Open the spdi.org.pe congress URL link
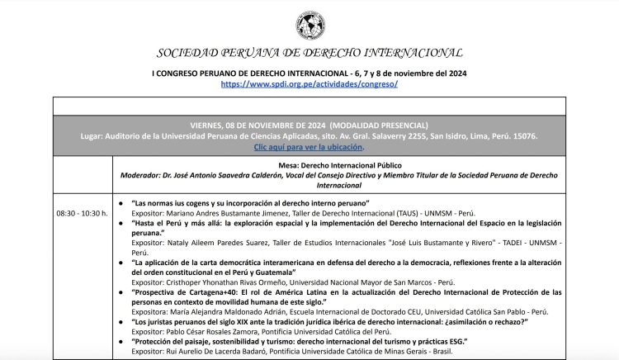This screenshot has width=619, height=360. pos(309,84)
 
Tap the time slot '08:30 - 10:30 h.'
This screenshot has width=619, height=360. pos(83,213)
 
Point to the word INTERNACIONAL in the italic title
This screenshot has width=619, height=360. pos(408,53)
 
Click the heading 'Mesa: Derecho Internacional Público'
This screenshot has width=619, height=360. pos(366,165)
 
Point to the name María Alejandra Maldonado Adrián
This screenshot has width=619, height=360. pos(227,312)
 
